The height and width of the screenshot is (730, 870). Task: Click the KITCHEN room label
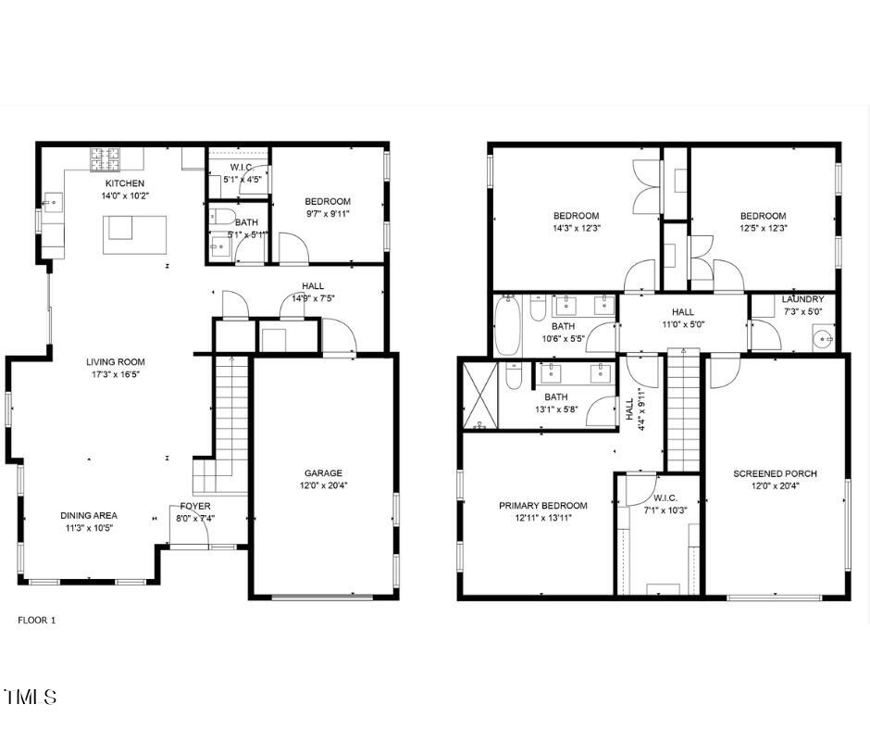pyautogui.click(x=124, y=183)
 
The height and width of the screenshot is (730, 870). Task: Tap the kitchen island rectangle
pyautogui.click(x=135, y=235)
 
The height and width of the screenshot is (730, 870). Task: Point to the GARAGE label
pyautogui.click(x=323, y=472)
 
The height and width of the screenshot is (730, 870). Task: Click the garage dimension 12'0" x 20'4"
pyautogui.click(x=323, y=485)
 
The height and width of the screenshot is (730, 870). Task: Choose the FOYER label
pyautogui.click(x=195, y=506)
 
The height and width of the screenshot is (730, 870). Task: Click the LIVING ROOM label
pyautogui.click(x=116, y=362)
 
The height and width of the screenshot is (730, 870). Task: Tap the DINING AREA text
pyautogui.click(x=89, y=515)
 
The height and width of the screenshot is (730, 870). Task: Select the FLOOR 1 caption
pyautogui.click(x=37, y=620)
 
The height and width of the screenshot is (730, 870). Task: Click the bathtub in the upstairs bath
pyautogui.click(x=508, y=325)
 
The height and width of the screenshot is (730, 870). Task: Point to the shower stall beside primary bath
pyautogui.click(x=479, y=396)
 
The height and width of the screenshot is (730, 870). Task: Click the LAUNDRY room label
pyautogui.click(x=802, y=299)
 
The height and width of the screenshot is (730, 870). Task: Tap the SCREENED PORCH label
pyautogui.click(x=775, y=473)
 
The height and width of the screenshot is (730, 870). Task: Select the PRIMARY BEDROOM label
pyautogui.click(x=542, y=506)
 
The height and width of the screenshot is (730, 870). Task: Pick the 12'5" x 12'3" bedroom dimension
pyautogui.click(x=763, y=228)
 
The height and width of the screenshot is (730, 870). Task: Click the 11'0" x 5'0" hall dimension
pyautogui.click(x=682, y=325)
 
